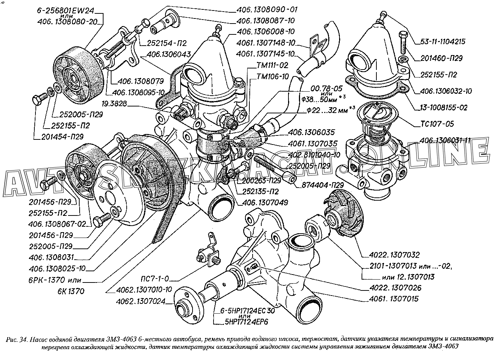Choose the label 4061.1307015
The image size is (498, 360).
[x=394, y=299]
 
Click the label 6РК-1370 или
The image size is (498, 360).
[x=61, y=280]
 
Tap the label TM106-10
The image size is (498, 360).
[x=273, y=76]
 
